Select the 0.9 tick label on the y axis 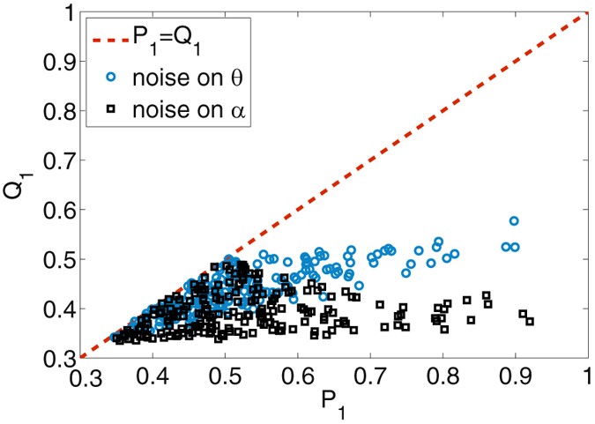(x=56, y=63)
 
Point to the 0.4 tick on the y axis (x=56, y=309)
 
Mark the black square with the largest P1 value (x=530, y=321)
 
